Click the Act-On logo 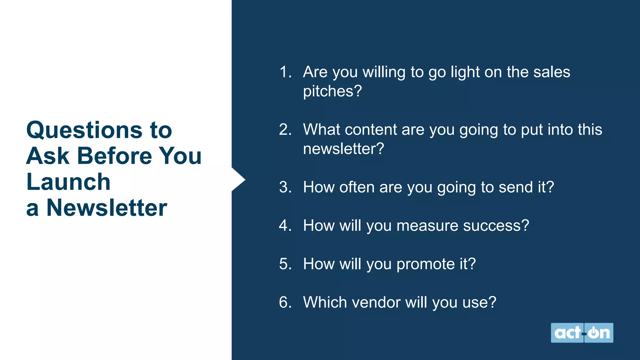click(582, 333)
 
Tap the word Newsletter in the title click(107, 208)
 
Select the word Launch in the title click(68, 182)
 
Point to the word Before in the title click(114, 156)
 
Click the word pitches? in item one click(332, 92)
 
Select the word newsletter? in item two click(343, 149)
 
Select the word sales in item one click(552, 72)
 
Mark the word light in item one click(465, 72)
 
